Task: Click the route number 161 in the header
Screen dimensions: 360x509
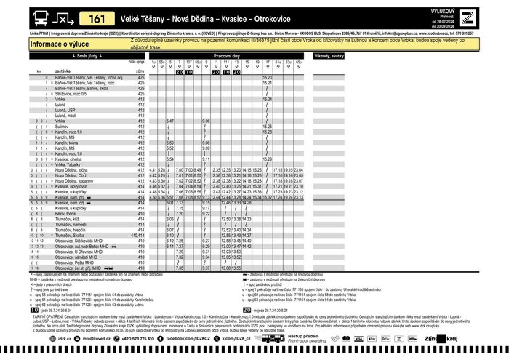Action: [x=97, y=18]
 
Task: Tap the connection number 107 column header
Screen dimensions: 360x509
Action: [x=188, y=63]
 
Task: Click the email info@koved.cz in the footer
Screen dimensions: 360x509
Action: [x=96, y=338]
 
